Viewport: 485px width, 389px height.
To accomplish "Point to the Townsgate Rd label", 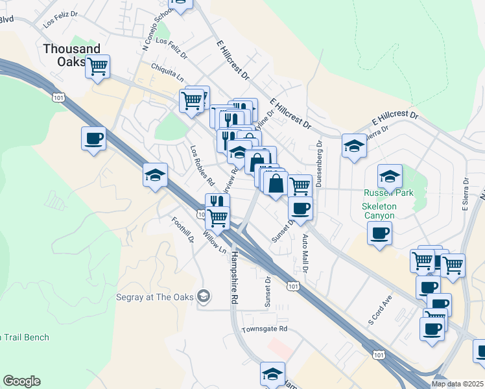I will pyautogui.click(x=264, y=329).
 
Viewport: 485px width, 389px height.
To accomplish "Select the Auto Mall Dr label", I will pyautogui.click(x=305, y=255).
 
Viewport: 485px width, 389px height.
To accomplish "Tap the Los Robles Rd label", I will pyautogui.click(x=202, y=162).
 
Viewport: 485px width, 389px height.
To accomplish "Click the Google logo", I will pyautogui.click(x=21, y=381).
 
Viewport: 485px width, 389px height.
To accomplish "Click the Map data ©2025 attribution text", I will pyautogui.click(x=457, y=384).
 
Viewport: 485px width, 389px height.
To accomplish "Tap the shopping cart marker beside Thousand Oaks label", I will pyautogui.click(x=97, y=66).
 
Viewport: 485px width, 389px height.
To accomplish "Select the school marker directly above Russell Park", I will pyautogui.click(x=390, y=176).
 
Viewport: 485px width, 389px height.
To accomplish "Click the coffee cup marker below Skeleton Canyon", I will pyautogui.click(x=379, y=233).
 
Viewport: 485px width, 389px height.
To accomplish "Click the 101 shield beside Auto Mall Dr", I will pyautogui.click(x=294, y=285).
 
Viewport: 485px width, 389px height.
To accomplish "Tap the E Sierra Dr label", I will pyautogui.click(x=465, y=195).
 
